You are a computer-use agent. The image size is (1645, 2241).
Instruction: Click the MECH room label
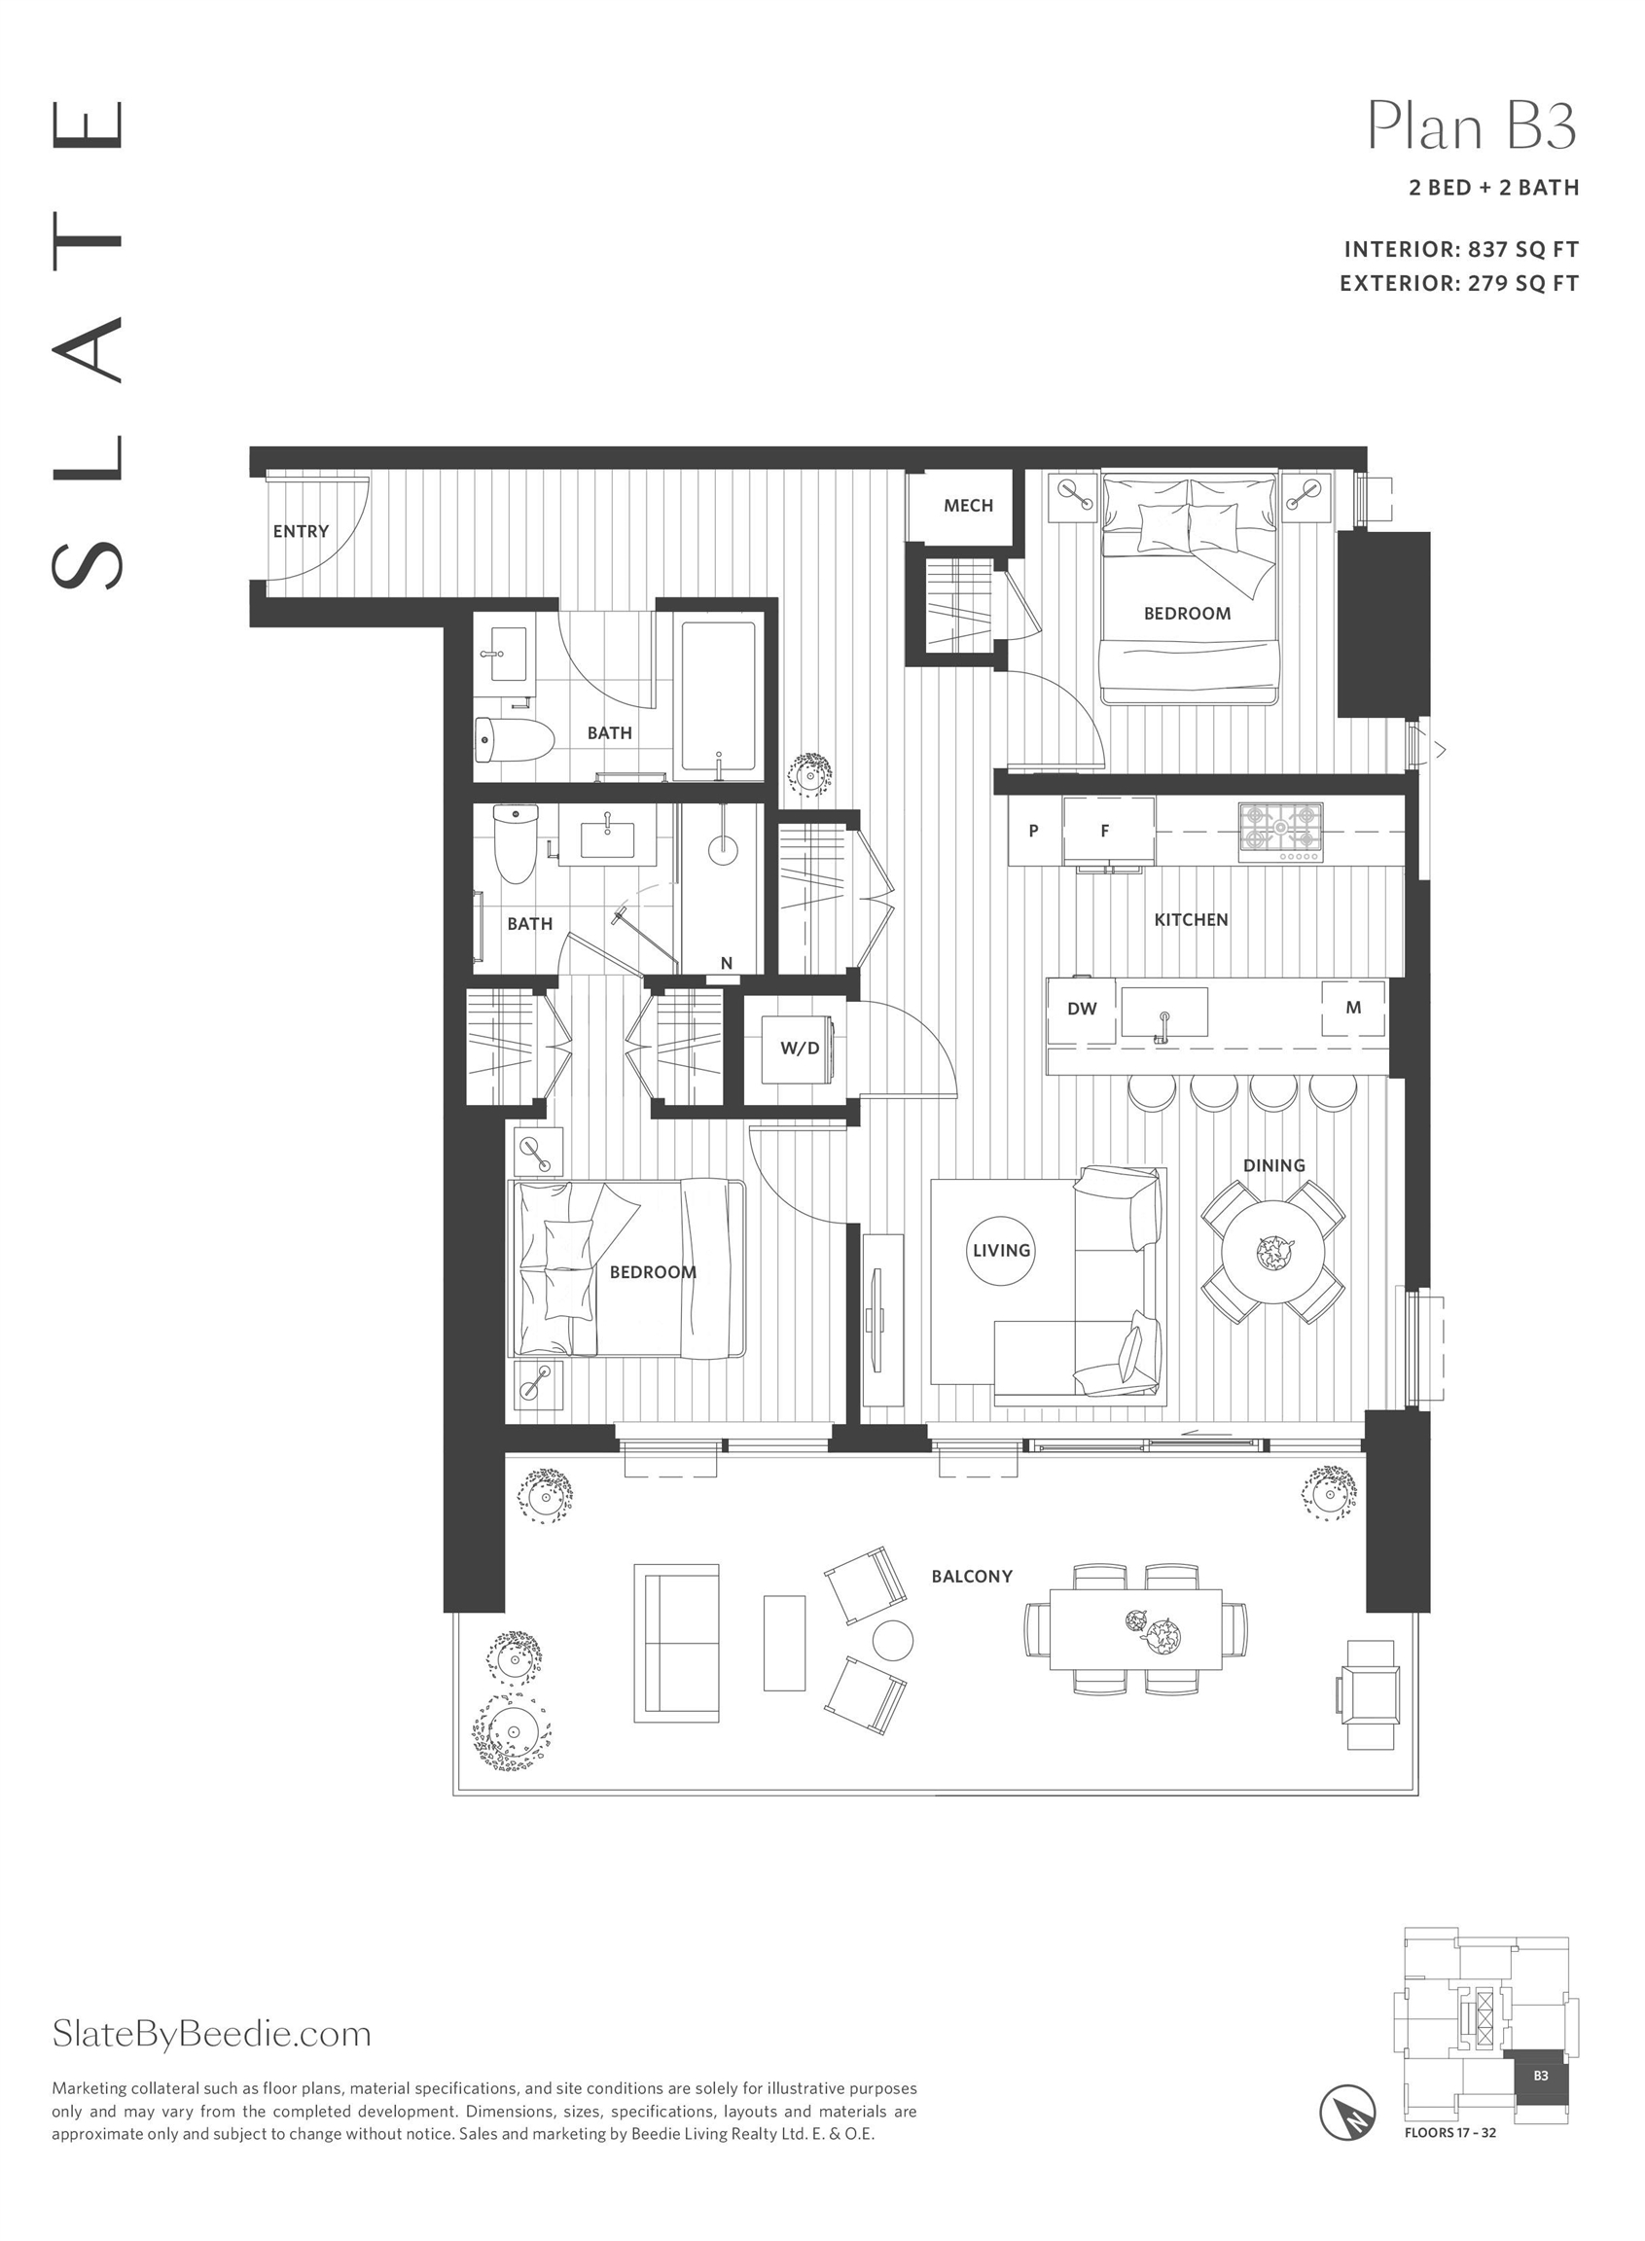(x=968, y=506)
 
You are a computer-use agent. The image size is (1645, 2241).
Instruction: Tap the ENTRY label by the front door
(x=301, y=532)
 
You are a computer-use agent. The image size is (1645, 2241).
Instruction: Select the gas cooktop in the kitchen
(x=1281, y=832)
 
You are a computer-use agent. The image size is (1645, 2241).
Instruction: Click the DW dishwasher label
(x=1082, y=1009)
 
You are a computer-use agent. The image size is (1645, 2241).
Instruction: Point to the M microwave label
(x=1353, y=1008)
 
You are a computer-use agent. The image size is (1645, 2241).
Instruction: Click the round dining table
(x=1273, y=1253)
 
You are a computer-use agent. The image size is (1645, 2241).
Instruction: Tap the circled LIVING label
(x=1002, y=1251)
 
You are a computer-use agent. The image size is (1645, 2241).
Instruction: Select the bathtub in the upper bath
(x=718, y=701)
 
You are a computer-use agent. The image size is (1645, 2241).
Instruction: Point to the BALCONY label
(x=972, y=1577)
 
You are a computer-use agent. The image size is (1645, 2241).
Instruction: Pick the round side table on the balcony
(x=892, y=1640)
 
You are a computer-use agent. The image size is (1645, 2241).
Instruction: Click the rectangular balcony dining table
(x=1135, y=1630)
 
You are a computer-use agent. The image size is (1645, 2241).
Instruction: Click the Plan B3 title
(x=1472, y=126)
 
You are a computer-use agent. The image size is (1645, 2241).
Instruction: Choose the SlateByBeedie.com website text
(x=211, y=2034)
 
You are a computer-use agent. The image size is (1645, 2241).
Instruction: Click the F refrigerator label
(x=1104, y=831)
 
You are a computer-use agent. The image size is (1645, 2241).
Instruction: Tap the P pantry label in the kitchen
(x=1034, y=831)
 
